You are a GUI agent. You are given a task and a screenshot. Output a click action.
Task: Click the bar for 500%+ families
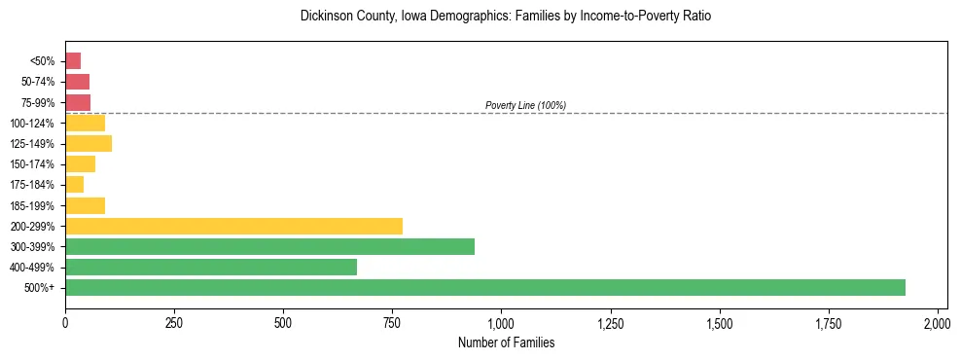pos(484,287)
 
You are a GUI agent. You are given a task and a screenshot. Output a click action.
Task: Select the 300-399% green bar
pos(269,246)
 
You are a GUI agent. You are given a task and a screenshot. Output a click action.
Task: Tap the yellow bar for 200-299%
pos(233,226)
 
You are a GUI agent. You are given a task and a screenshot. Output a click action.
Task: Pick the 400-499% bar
pos(211,267)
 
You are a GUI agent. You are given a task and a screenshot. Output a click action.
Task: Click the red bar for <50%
pos(73,60)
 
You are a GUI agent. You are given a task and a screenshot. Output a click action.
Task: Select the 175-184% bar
pos(74,184)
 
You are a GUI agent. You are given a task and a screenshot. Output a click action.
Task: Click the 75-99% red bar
pos(78,102)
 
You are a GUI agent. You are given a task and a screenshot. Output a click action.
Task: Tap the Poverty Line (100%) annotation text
pos(525,105)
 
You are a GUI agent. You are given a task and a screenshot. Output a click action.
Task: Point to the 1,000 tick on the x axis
pos(501,322)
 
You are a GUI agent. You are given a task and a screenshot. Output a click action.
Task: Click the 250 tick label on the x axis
pos(174,322)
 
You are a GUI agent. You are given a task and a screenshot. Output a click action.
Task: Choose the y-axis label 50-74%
pos(38,82)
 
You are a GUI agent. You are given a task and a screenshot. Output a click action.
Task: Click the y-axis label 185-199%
pos(34,205)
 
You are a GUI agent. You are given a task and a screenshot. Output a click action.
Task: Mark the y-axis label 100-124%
pos(34,123)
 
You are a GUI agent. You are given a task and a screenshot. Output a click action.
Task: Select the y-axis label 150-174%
pos(34,163)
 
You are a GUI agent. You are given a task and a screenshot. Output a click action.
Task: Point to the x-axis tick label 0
pos(65,322)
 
